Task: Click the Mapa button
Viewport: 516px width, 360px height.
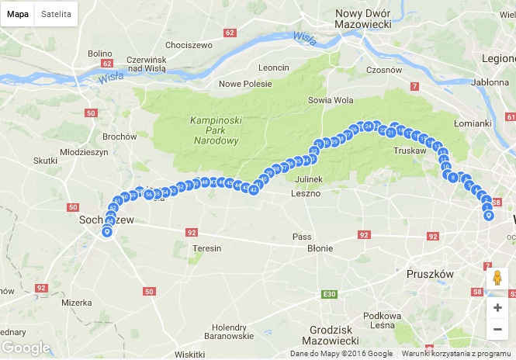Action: pos(18,14)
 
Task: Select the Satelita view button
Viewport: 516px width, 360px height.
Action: pos(56,14)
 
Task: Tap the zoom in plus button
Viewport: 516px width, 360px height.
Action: pos(497,307)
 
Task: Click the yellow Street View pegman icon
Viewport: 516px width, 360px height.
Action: pos(497,279)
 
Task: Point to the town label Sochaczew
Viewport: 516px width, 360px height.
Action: pos(106,220)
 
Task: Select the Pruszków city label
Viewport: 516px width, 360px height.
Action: pos(430,274)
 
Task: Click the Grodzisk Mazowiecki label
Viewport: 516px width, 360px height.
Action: pos(333,336)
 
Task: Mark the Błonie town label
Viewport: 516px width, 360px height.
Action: pos(320,248)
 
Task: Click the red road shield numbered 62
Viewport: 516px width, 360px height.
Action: pos(229,33)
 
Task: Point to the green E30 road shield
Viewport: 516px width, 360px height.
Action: pos(329,293)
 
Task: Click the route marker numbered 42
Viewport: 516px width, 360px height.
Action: pos(254,189)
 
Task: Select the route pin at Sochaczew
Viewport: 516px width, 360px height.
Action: pos(107,230)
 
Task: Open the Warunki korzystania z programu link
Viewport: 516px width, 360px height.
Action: pos(456,354)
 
